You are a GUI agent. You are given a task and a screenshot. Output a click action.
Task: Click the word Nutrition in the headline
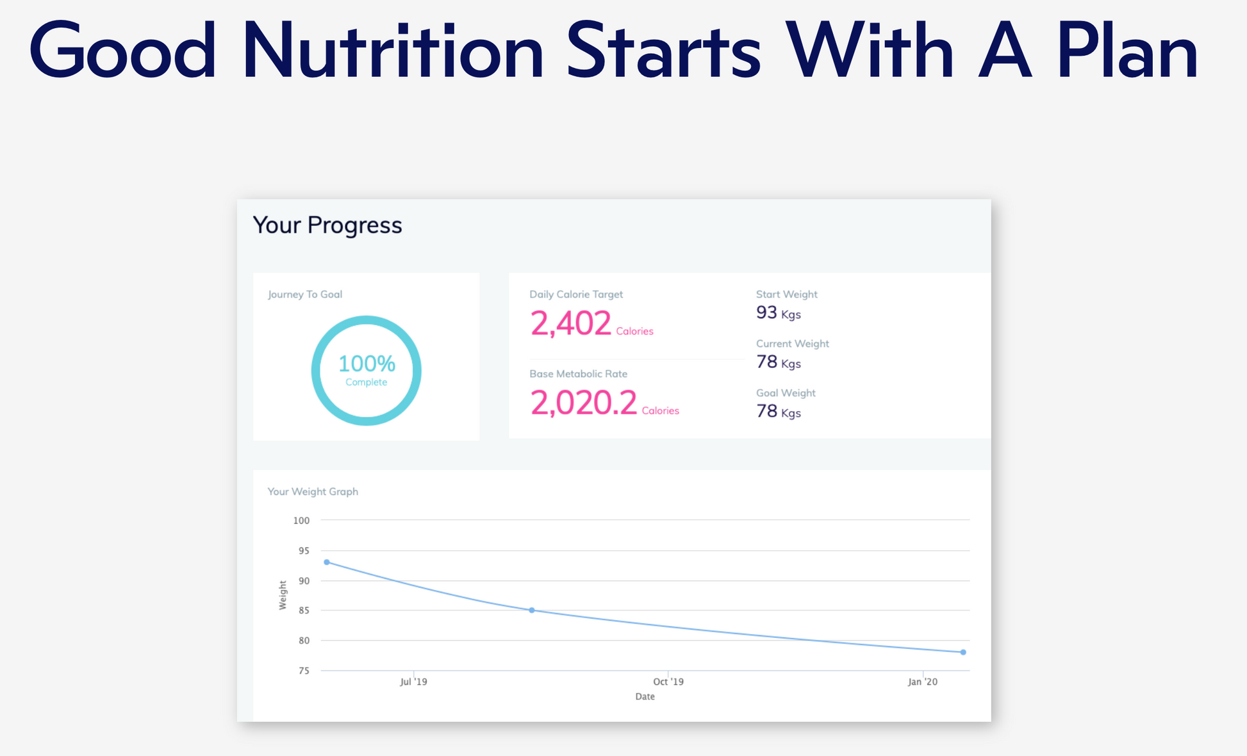click(x=392, y=51)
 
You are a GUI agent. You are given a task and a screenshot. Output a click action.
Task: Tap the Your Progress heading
click(x=327, y=225)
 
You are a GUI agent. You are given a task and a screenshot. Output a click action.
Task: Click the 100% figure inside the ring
click(x=367, y=364)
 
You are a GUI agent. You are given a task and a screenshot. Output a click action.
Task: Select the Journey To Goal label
click(x=305, y=294)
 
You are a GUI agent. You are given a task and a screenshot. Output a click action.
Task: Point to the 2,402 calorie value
click(x=570, y=323)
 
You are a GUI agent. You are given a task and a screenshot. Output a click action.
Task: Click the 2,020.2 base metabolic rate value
click(x=583, y=403)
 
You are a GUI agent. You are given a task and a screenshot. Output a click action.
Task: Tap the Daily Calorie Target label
click(x=575, y=294)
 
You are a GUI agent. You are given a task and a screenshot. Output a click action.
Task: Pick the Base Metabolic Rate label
click(x=578, y=374)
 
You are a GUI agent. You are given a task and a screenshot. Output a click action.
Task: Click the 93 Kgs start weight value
click(x=778, y=313)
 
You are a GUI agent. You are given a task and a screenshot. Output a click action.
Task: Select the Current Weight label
click(x=792, y=344)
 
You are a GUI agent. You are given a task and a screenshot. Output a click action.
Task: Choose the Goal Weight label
click(x=786, y=393)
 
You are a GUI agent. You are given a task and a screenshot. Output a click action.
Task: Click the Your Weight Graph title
click(x=313, y=492)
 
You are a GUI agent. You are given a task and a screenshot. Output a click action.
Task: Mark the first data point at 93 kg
click(x=327, y=562)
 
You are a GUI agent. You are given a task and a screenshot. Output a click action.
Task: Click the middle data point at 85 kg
click(x=532, y=610)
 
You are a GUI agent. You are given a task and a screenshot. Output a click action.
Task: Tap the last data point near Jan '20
click(x=963, y=652)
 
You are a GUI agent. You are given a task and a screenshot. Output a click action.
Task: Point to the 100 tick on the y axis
click(x=301, y=521)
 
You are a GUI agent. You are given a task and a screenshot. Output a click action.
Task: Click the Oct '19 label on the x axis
click(x=668, y=682)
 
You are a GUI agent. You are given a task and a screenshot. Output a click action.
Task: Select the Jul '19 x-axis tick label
click(x=413, y=682)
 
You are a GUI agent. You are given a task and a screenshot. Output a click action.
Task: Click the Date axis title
click(x=645, y=696)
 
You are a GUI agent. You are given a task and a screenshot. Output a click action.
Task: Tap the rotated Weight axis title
click(x=283, y=595)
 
